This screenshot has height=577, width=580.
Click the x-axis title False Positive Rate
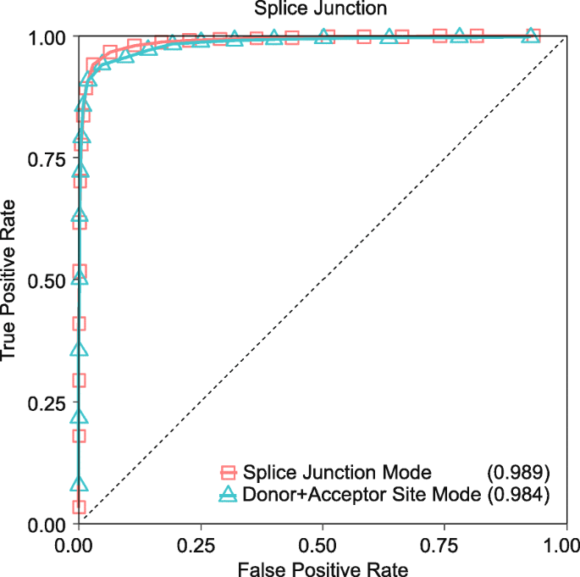322,567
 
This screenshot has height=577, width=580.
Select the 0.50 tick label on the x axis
322,542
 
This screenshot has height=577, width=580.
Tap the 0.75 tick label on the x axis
444,542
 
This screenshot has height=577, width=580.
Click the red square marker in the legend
228,472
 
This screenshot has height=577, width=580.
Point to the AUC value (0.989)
518,472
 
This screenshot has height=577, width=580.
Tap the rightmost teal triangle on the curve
531,36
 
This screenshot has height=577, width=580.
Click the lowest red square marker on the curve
79,507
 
